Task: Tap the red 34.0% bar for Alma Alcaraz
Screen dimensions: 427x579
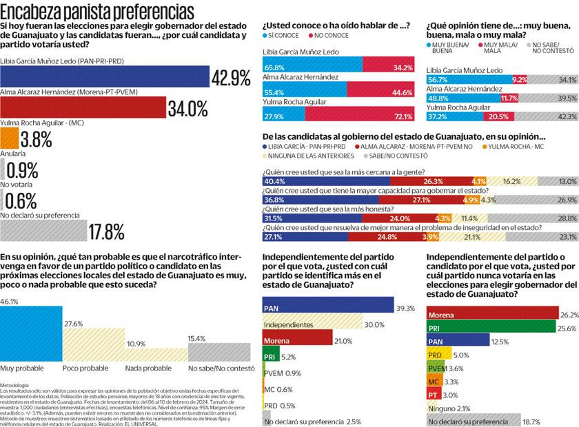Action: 83,108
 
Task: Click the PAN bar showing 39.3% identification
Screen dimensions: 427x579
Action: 328,288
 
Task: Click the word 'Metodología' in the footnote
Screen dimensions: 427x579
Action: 15,384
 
